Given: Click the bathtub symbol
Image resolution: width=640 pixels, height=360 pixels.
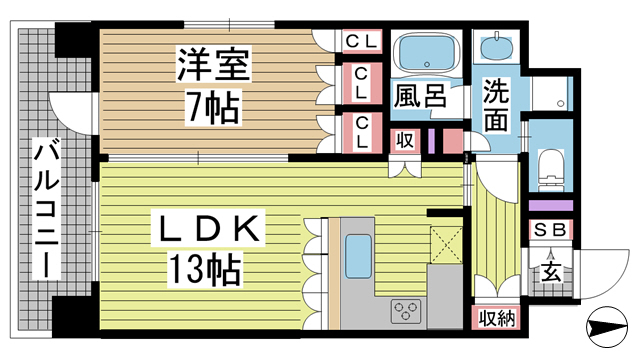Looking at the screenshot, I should [423, 53].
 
